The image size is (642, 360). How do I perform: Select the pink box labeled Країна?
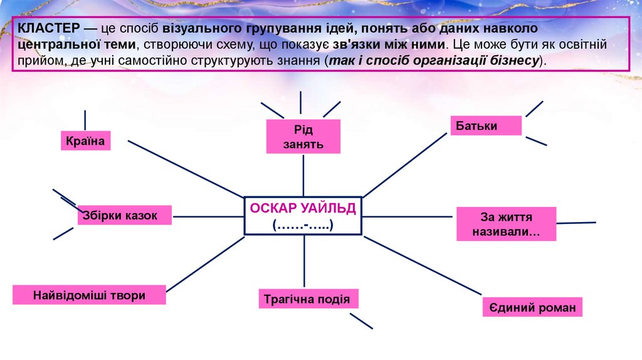point(86,140)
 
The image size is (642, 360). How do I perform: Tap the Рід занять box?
point(303,137)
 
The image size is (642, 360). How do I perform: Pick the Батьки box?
point(486,125)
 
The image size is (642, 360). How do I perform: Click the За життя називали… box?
point(506,225)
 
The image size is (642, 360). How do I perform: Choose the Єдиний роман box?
point(533,307)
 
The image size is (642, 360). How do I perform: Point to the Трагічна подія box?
point(308,299)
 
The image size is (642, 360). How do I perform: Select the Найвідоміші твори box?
point(89,295)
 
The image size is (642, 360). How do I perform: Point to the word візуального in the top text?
point(199,29)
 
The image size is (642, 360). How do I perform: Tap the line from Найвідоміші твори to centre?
point(206,263)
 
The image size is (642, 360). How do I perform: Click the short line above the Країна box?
point(85,120)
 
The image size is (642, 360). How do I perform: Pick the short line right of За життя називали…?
point(576,223)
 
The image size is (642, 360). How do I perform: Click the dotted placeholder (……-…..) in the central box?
point(303,225)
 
